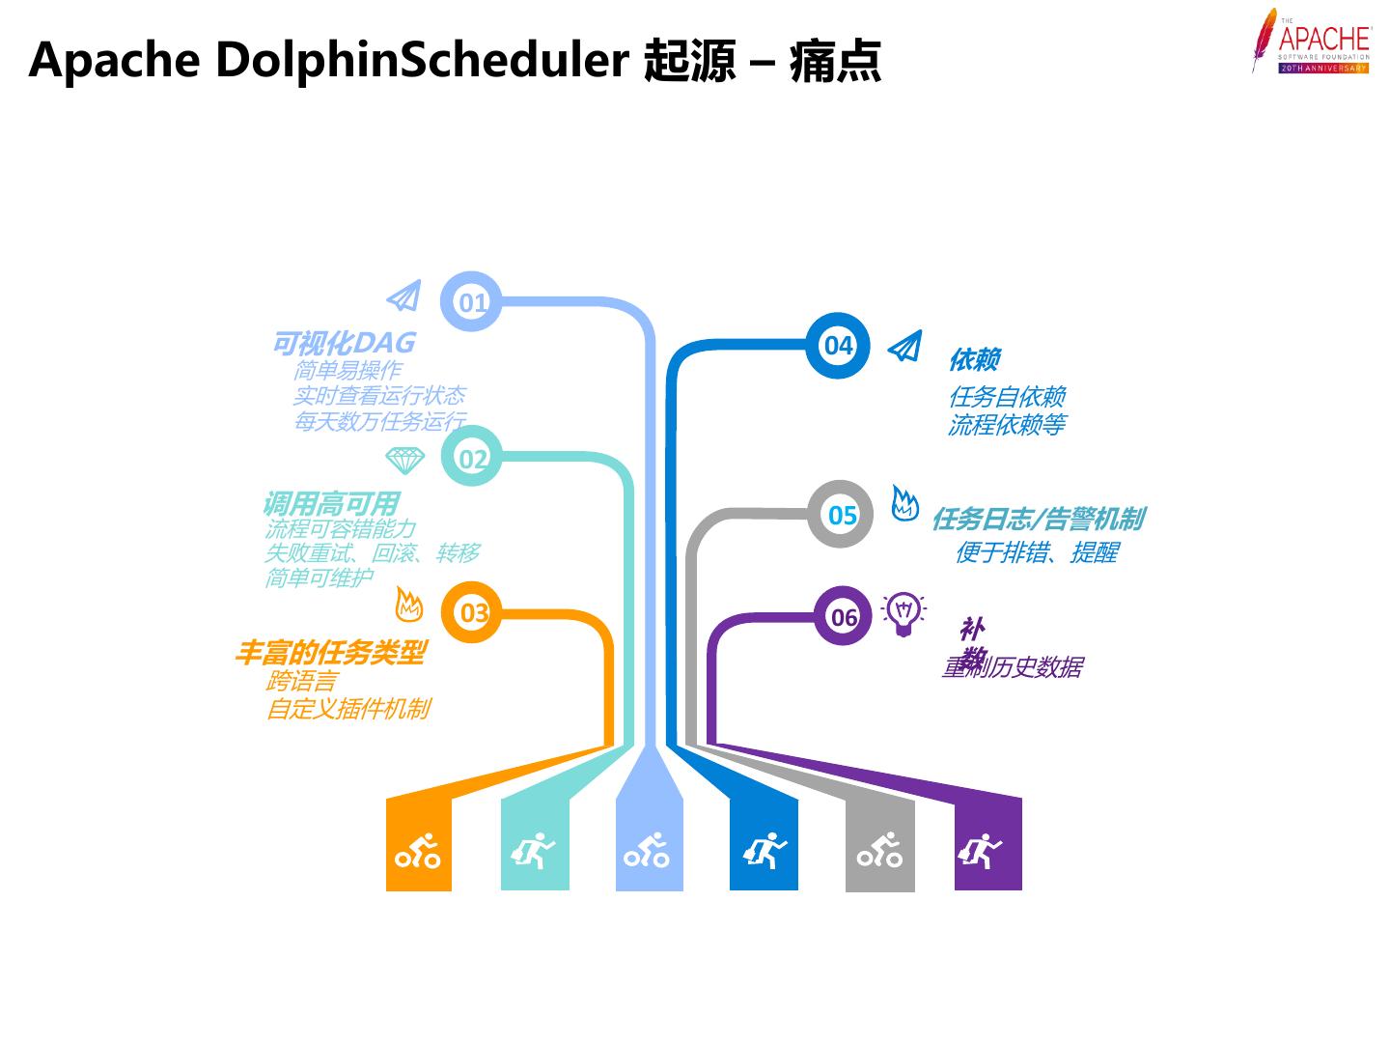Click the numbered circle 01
coord(472,302)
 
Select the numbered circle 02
coord(472,458)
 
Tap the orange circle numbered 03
coord(472,612)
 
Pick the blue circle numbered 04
coord(838,345)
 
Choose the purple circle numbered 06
coord(843,616)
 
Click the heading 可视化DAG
coord(344,343)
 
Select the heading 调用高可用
coord(330,503)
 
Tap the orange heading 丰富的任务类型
coord(329,653)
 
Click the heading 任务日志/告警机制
coord(1038,520)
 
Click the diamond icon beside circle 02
coord(404,459)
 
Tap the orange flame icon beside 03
coord(409,606)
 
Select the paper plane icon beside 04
coord(905,346)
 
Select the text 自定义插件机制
coord(347,709)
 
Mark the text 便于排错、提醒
coord(1036,552)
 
